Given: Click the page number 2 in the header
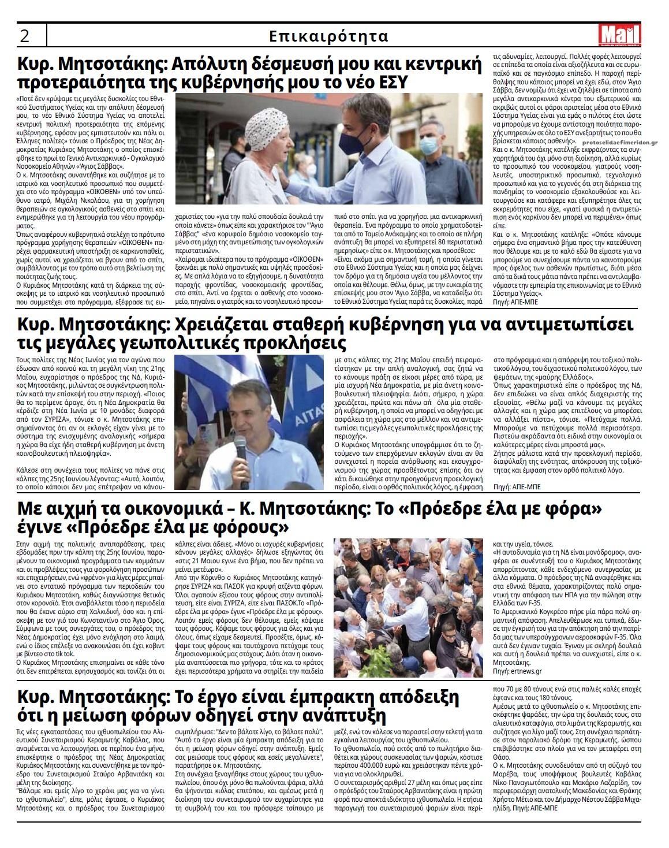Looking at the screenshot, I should click(x=25, y=36).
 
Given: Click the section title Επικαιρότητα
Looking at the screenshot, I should click(x=328, y=36).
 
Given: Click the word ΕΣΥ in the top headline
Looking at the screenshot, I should click(x=389, y=83).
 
